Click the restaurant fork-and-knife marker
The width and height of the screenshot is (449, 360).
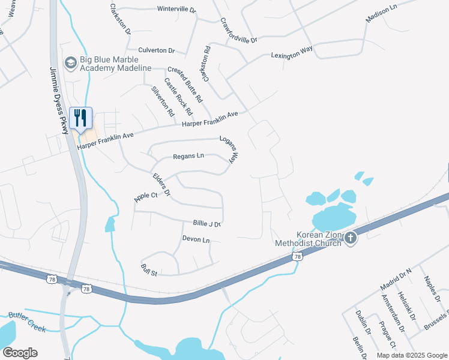pos(80,118)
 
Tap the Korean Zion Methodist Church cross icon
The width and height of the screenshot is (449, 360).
pos(351,239)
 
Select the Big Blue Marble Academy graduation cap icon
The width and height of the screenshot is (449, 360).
pos(71,62)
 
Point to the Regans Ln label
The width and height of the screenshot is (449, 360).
pos(188,157)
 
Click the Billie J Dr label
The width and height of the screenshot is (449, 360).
pos(207,223)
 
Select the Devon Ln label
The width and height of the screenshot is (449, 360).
pos(196,240)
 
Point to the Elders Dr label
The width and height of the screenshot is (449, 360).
pos(162,185)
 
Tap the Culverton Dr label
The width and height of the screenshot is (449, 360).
pos(156,50)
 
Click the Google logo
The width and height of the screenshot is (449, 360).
pos(20,353)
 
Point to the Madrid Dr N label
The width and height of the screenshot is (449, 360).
pos(396,280)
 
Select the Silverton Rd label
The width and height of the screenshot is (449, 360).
pos(163,101)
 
